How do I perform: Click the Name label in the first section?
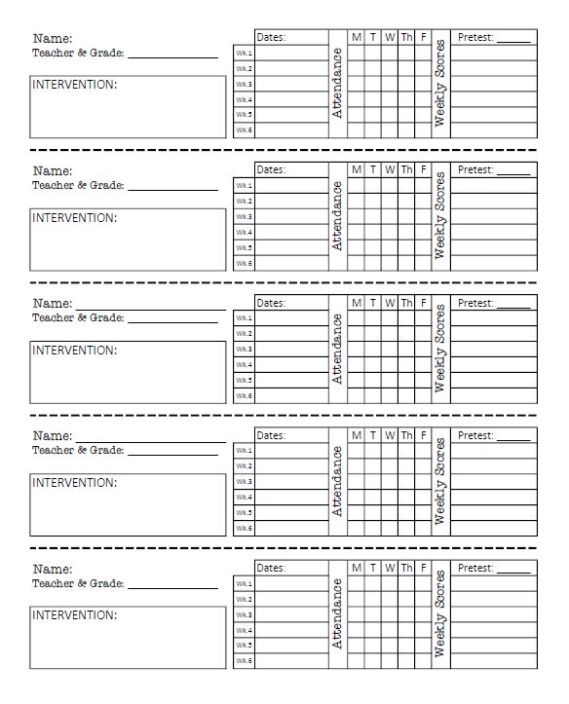(x=53, y=39)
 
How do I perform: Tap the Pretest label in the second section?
(x=475, y=169)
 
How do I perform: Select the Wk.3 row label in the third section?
(x=243, y=350)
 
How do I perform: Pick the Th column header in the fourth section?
(x=406, y=435)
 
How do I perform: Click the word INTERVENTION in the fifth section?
(x=75, y=615)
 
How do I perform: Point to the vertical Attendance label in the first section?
(x=338, y=84)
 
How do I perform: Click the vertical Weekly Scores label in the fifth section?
(x=440, y=613)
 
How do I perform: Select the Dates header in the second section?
(x=271, y=169)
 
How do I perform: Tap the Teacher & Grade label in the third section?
(x=78, y=317)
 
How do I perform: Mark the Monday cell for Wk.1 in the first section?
(x=357, y=53)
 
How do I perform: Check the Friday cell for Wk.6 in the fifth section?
(x=423, y=661)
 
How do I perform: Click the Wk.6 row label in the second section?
(x=243, y=264)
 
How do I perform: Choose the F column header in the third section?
(x=423, y=303)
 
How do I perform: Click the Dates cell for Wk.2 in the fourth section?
(x=292, y=466)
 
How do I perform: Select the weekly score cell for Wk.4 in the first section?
(x=493, y=99)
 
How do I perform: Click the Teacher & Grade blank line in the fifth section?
(x=172, y=583)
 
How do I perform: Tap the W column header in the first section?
(x=390, y=37)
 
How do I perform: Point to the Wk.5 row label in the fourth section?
(x=243, y=513)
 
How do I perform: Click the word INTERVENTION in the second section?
(x=75, y=218)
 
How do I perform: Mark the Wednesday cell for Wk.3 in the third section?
(x=390, y=350)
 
